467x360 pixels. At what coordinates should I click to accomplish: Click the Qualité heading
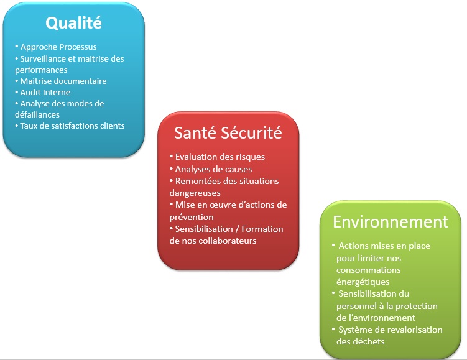point(73,23)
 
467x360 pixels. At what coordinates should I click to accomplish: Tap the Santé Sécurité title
point(228,132)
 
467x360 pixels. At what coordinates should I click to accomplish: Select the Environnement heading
point(391,222)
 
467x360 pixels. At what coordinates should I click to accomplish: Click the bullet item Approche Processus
point(58,47)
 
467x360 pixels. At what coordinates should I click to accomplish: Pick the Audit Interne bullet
point(45,92)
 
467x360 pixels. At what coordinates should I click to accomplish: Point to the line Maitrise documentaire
point(63,81)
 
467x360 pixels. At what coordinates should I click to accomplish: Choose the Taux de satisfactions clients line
point(72,126)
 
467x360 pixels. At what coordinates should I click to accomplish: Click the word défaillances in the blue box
point(37,114)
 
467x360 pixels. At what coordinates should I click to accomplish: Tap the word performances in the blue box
point(41,70)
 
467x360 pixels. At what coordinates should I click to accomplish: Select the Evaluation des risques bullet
point(220,157)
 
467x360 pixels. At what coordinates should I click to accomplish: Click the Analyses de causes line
point(213,169)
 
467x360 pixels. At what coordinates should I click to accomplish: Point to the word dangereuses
point(195,193)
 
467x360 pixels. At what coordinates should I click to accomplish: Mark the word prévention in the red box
point(192,218)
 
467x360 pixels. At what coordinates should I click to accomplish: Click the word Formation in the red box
point(262,229)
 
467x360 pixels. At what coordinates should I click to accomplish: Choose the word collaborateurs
point(227,241)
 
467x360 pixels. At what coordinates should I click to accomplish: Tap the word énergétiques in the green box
point(363,282)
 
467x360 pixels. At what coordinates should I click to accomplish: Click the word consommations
point(369,270)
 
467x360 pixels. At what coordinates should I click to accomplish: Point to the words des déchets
point(361,341)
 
